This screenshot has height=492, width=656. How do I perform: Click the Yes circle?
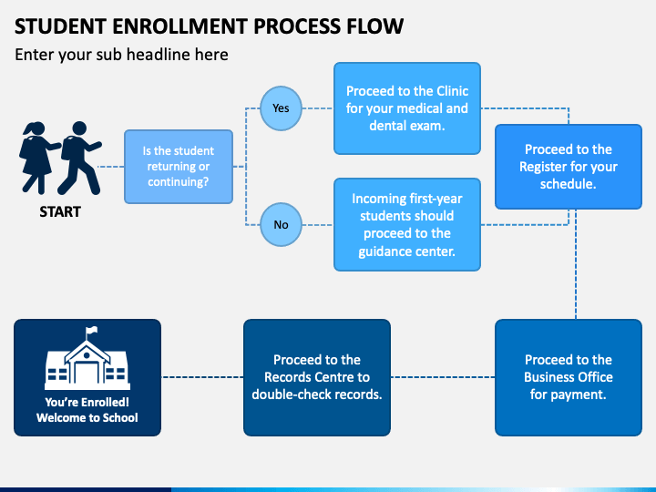tap(281, 108)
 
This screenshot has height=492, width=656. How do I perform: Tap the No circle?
tap(281, 225)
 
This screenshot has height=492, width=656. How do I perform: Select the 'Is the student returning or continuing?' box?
tap(179, 167)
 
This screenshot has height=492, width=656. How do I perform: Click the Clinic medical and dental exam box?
tap(407, 108)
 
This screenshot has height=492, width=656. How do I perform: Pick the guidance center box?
tap(407, 225)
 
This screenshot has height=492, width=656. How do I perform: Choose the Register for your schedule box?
tap(569, 167)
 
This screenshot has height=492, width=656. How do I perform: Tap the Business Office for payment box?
tap(569, 377)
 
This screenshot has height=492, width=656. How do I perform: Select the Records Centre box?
tap(317, 377)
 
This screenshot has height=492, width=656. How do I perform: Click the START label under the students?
tap(60, 211)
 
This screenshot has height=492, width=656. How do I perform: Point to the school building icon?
tap(87, 358)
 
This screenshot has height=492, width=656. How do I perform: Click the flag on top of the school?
tap(92, 331)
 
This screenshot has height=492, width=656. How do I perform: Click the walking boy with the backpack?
tap(79, 158)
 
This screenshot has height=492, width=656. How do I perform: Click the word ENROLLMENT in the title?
tap(179, 26)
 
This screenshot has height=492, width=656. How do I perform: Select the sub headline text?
tap(121, 55)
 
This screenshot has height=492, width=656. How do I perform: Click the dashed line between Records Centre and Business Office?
tap(443, 377)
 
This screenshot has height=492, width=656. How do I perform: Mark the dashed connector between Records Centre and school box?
tap(202, 377)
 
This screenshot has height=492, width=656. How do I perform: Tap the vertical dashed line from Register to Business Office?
tap(576, 264)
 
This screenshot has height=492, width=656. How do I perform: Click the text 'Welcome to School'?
tap(87, 417)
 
